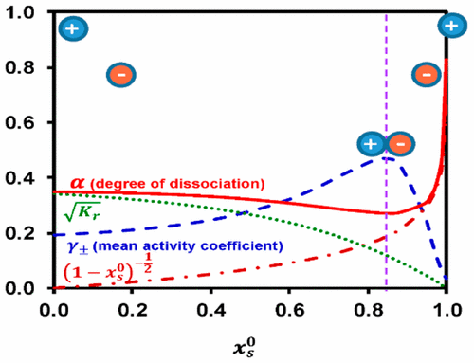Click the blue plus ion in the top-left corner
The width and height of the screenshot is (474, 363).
(x=72, y=28)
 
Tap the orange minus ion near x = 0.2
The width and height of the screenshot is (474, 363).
(x=120, y=74)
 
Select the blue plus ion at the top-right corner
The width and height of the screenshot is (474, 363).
(x=452, y=26)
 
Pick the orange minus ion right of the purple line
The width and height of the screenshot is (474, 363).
(x=427, y=74)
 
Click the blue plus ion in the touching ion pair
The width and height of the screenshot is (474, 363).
(x=371, y=144)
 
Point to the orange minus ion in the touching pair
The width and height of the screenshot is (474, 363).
(x=399, y=144)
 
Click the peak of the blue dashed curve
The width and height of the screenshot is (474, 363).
(x=386, y=157)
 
